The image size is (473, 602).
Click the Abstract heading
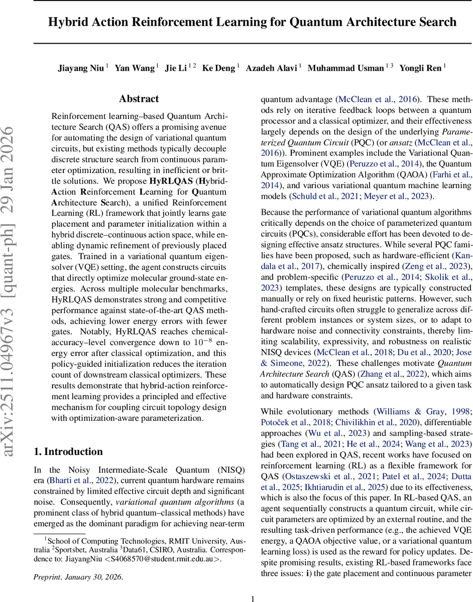pyautogui.click(x=139, y=99)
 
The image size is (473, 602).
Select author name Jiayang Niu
pyautogui.click(x=80, y=68)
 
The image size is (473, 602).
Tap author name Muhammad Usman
pyautogui.click(x=345, y=68)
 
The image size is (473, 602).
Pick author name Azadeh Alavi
pyautogui.click(x=271, y=68)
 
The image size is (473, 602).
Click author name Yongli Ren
pyautogui.click(x=420, y=68)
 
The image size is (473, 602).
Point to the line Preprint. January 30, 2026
pyautogui.click(x=78, y=577)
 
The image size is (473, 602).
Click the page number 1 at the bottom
pyautogui.click(x=253, y=594)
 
